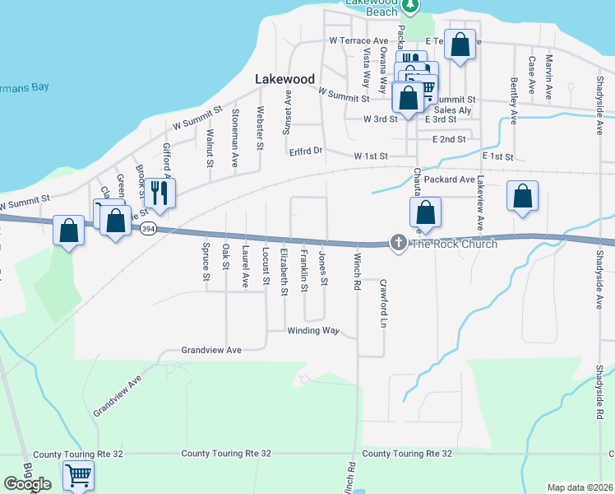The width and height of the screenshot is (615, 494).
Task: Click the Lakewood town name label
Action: [284, 79]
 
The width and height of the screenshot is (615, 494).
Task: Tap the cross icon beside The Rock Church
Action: [398, 243]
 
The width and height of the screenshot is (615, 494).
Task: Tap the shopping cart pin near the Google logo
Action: [78, 475]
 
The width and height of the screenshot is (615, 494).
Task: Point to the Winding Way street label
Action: [312, 331]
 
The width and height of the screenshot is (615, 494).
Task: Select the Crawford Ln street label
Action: [383, 302]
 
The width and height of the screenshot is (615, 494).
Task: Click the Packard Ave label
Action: [451, 179]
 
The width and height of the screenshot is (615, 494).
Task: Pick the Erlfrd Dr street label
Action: [306, 151]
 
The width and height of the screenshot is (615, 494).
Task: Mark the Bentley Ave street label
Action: [514, 96]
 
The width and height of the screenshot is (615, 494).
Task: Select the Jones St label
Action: [323, 270]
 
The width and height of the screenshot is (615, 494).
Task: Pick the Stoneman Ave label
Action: [235, 127]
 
